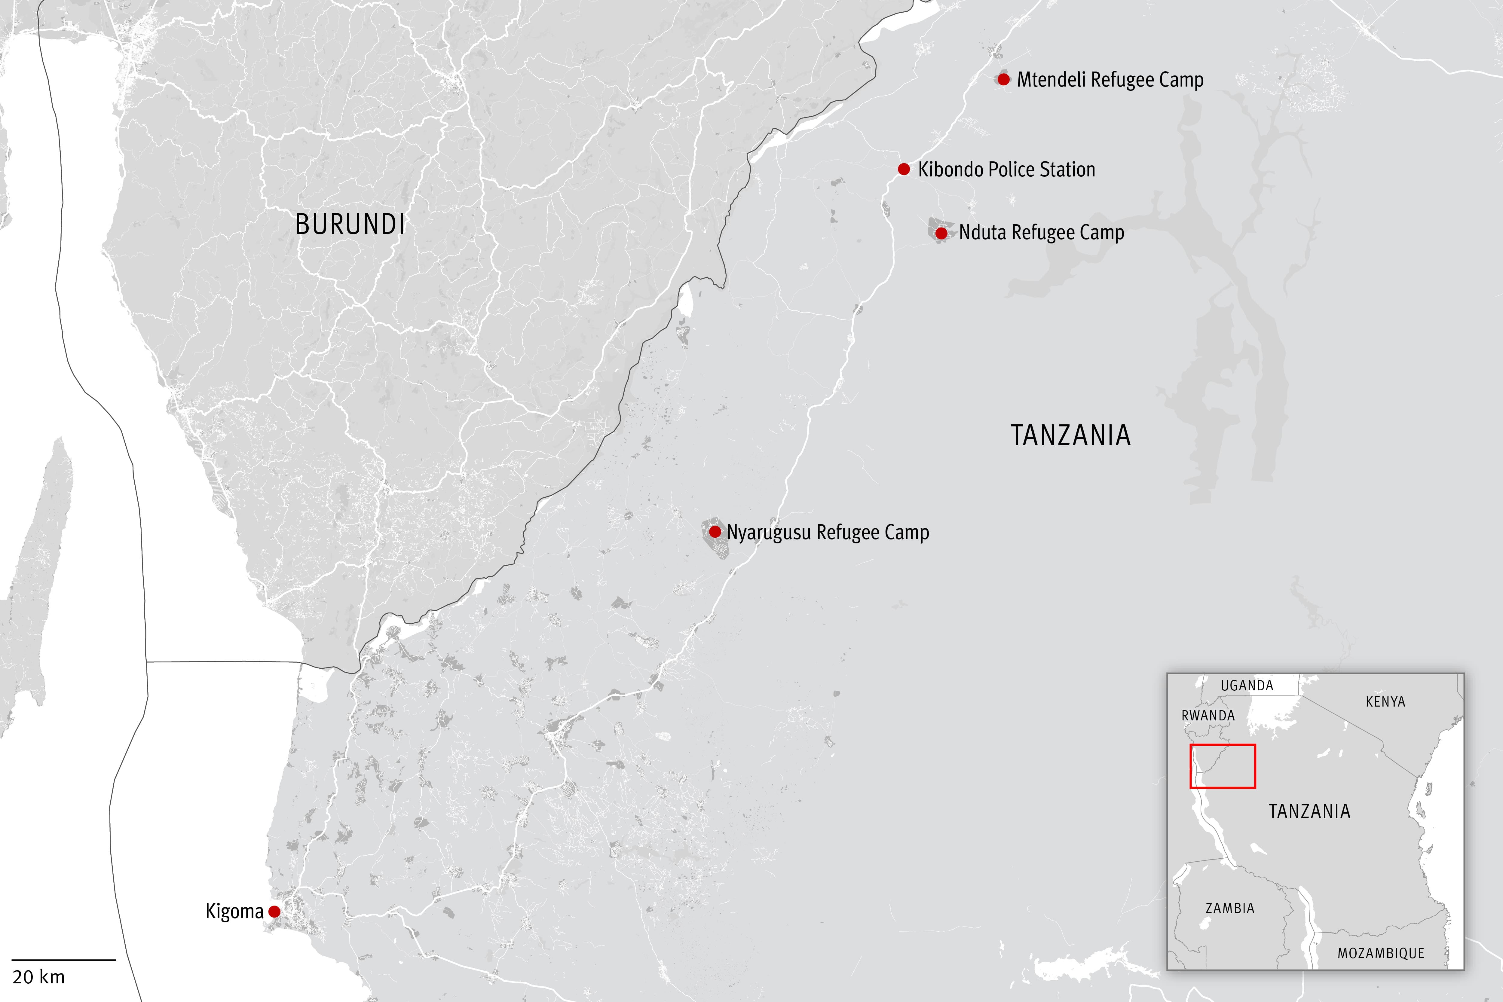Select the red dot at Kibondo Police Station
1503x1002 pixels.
pos(904,169)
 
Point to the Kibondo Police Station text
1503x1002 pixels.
pos(1006,169)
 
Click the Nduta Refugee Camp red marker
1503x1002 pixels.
pos(941,233)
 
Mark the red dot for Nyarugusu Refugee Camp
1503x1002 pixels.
pos(715,532)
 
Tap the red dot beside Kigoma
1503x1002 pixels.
pos(274,911)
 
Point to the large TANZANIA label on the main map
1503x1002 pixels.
pos(1070,435)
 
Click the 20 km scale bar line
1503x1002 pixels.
pos(64,960)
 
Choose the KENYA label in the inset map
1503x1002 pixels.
pos(1385,702)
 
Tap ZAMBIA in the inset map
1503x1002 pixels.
pos(1229,908)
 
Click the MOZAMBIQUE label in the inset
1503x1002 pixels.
pos(1381,953)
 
